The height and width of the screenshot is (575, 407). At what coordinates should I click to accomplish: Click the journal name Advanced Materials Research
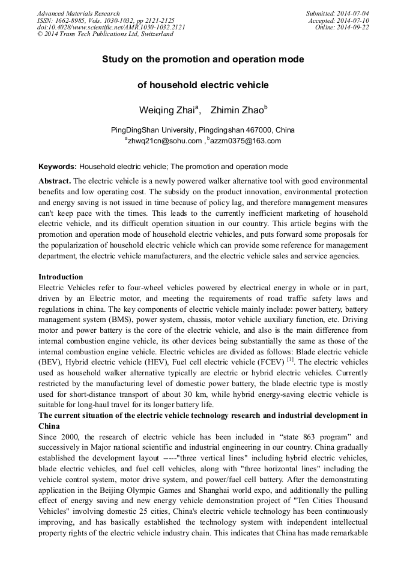78,13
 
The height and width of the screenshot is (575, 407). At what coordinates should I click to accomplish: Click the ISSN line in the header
106,20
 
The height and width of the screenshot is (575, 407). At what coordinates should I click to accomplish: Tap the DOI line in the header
111,28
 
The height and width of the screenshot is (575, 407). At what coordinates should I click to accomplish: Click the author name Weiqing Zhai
167,110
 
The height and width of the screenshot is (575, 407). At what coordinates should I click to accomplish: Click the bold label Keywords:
58,167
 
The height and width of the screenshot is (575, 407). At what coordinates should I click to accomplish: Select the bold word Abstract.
55,180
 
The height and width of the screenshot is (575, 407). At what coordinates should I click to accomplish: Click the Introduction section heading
61,277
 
